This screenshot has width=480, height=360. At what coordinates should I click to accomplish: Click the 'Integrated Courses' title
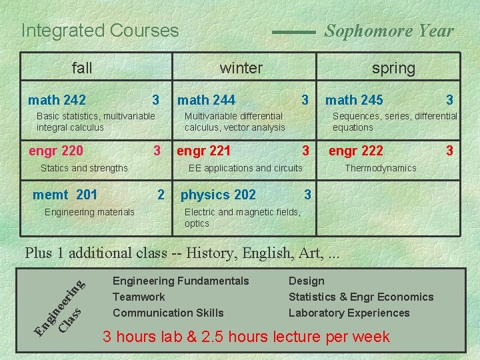(x=100, y=31)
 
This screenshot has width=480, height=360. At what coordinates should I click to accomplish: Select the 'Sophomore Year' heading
(x=389, y=31)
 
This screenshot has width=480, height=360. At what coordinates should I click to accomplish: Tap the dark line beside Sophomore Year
(x=294, y=31)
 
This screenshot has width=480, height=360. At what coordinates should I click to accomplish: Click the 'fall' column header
(x=82, y=67)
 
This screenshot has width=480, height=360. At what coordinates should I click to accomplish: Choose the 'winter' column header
(x=241, y=67)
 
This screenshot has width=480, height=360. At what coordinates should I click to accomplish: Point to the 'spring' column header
(x=393, y=68)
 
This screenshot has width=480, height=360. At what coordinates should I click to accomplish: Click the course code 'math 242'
(x=57, y=100)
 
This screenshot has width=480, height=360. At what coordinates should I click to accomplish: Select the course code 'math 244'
(x=206, y=100)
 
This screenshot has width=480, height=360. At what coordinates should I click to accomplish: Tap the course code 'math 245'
(x=354, y=100)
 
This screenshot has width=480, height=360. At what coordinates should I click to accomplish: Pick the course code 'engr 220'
(x=56, y=151)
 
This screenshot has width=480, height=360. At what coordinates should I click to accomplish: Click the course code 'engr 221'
(x=203, y=151)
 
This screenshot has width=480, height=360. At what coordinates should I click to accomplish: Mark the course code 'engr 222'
(x=356, y=151)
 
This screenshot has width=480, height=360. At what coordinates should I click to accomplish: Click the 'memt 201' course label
(x=65, y=195)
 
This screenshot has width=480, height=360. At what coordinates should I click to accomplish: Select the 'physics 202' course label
(x=218, y=195)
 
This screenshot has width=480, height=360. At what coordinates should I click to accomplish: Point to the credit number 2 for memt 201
(x=160, y=195)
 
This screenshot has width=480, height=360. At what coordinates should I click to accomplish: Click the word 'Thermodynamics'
(x=380, y=168)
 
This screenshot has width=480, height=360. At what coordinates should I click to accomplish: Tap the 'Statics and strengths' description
(x=84, y=168)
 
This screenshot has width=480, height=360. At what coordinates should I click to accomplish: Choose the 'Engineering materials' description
(x=89, y=212)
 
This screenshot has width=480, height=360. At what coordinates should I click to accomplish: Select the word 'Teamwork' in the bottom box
(x=139, y=297)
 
